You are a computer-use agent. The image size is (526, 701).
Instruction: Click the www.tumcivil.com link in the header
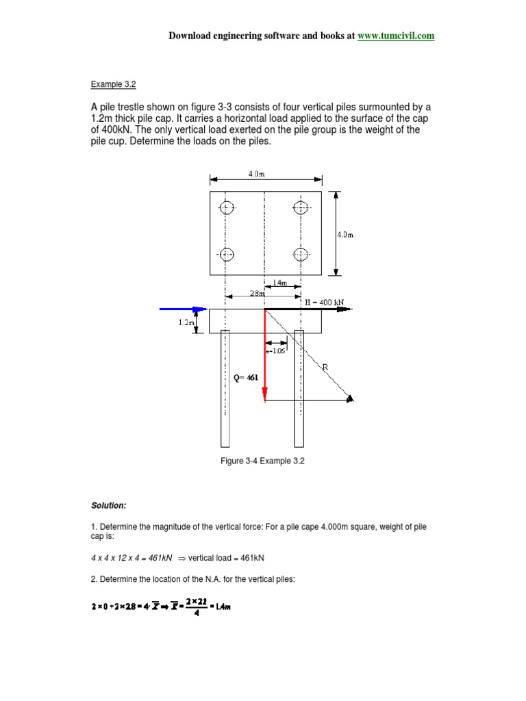395,36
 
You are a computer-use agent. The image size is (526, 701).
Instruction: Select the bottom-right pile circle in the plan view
300,255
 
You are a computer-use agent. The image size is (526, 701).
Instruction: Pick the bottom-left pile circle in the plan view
227,255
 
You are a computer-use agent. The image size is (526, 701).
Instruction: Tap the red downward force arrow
265,356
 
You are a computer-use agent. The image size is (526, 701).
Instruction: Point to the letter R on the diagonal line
325,367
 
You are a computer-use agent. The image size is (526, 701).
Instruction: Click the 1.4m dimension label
279,283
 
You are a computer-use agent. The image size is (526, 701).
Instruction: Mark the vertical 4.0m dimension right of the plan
345,234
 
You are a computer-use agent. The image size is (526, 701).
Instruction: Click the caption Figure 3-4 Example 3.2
262,461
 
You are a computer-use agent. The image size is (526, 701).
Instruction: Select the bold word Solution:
109,505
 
